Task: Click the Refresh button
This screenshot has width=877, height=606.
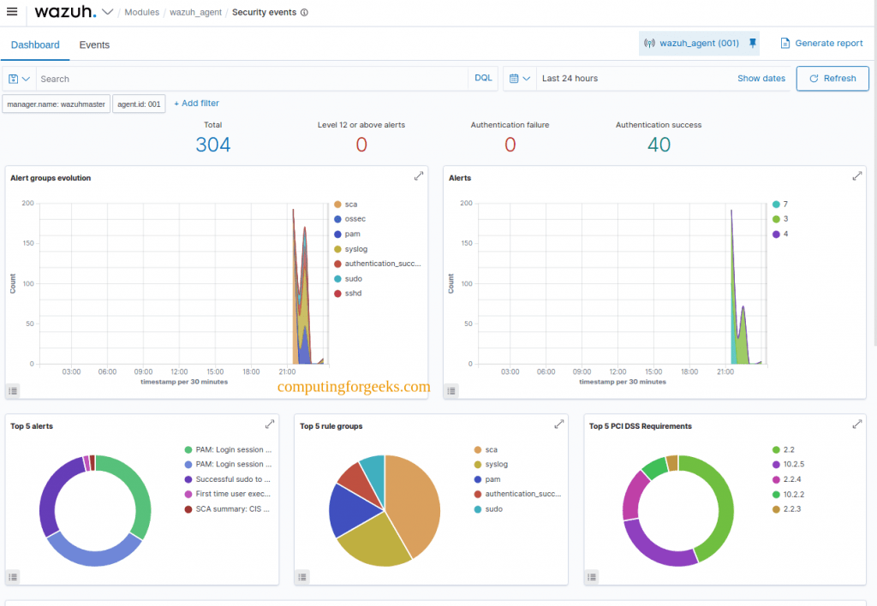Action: click(x=832, y=78)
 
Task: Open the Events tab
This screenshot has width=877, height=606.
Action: click(x=94, y=45)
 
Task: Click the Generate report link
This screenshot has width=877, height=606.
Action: click(x=821, y=43)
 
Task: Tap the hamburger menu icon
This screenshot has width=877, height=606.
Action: click(x=12, y=12)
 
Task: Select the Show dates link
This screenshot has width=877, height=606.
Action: click(x=761, y=78)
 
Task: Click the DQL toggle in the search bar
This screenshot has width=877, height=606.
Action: click(x=483, y=78)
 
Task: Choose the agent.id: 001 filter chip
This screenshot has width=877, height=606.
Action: click(x=139, y=104)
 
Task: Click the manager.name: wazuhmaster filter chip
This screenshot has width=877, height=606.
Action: click(x=57, y=104)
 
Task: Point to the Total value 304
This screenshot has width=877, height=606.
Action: click(x=212, y=145)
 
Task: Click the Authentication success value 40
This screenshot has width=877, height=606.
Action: click(x=658, y=145)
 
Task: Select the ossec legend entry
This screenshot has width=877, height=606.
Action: click(x=355, y=219)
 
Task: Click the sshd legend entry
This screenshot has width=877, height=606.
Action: click(x=353, y=294)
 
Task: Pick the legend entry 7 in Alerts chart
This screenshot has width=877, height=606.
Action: click(x=785, y=205)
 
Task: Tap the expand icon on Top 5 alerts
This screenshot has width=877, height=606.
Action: click(x=270, y=424)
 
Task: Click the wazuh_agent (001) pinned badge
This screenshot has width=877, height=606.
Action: click(x=698, y=43)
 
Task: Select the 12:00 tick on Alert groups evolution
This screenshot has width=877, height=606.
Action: click(x=180, y=371)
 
